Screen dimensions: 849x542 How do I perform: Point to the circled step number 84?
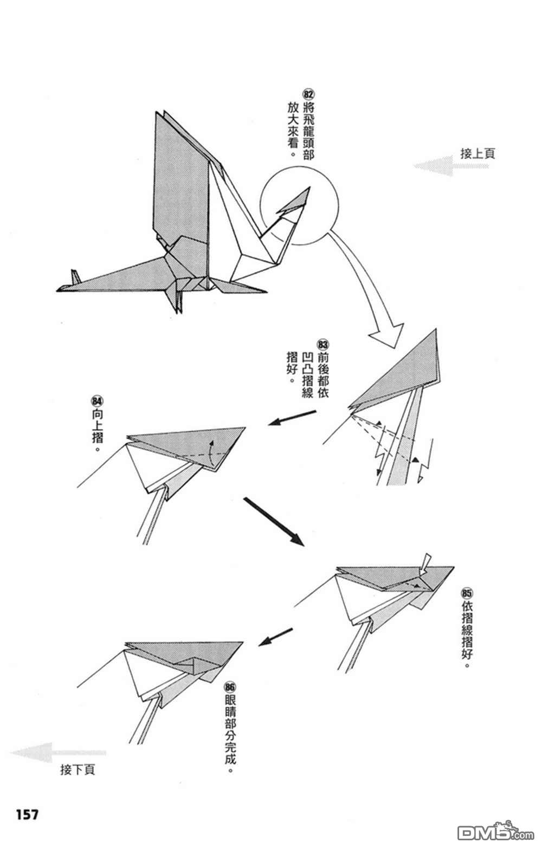point(97,401)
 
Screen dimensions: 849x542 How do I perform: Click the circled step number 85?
point(467,592)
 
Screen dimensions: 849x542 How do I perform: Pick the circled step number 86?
point(229,686)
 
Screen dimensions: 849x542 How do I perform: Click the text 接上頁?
point(477,153)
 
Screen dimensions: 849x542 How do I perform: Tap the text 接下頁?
point(78,769)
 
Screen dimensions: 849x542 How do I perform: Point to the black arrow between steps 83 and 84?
point(292,417)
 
